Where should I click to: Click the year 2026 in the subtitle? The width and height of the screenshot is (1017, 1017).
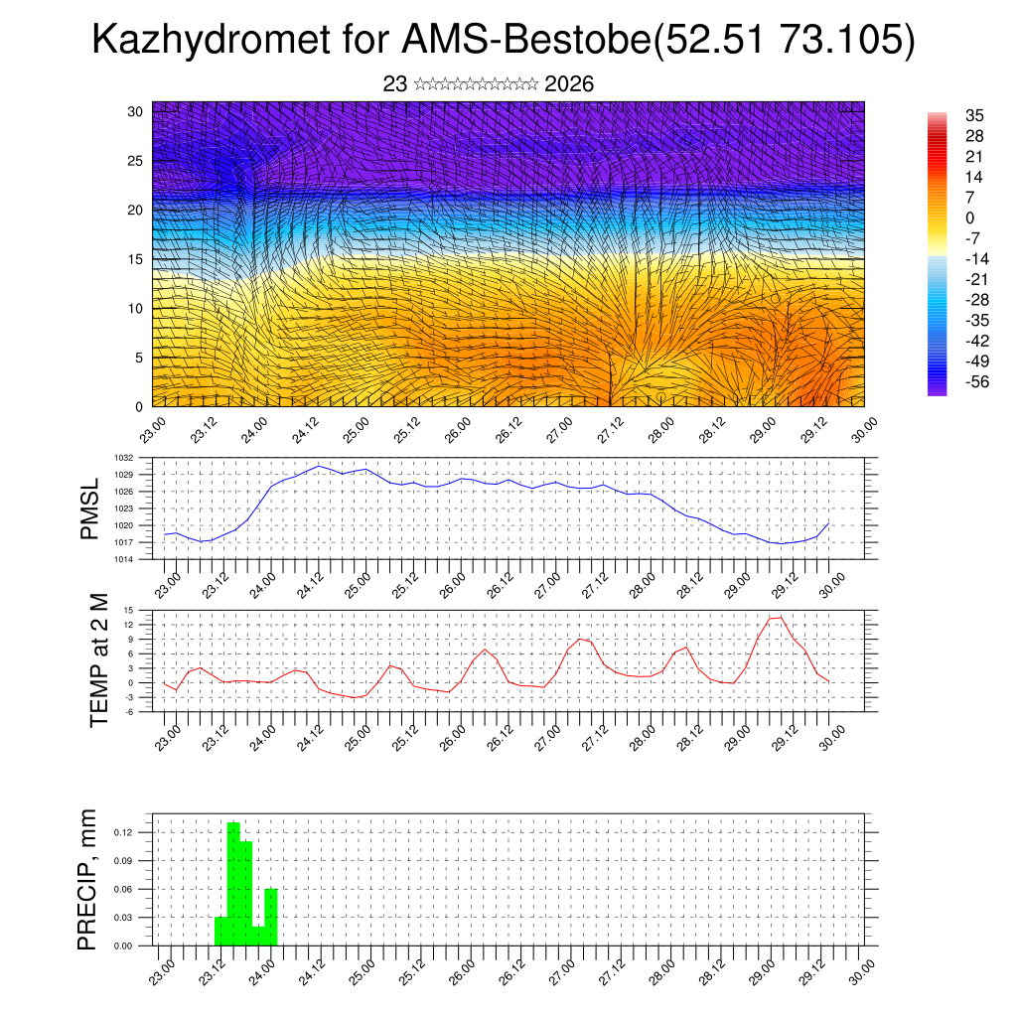click(569, 84)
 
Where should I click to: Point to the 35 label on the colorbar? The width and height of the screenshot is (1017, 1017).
click(974, 115)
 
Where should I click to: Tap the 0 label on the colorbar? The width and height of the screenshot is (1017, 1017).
click(969, 218)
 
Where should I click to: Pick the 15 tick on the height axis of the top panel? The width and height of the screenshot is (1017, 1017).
click(136, 259)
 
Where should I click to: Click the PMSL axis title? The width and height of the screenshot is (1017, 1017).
click(89, 509)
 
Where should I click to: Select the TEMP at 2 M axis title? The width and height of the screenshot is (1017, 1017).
click(97, 659)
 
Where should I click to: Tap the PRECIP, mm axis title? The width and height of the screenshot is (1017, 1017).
click(88, 879)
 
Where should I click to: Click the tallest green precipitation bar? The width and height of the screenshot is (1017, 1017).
click(233, 884)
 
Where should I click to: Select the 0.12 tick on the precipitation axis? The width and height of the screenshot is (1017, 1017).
click(123, 832)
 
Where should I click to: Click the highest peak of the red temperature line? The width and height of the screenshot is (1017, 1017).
click(780, 617)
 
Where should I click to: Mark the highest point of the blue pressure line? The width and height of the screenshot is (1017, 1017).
click(318, 466)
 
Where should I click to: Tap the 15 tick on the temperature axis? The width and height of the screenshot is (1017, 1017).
click(129, 610)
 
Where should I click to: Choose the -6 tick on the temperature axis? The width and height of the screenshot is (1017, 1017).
click(128, 711)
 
